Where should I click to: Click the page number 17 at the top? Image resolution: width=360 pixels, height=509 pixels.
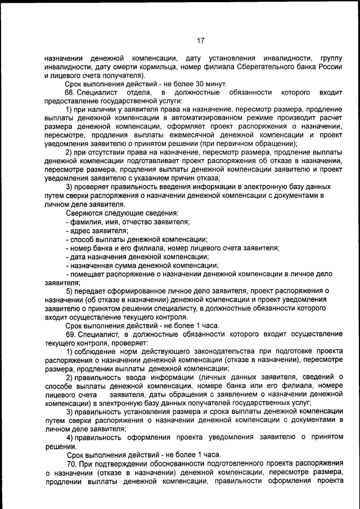(x=200, y=40)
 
